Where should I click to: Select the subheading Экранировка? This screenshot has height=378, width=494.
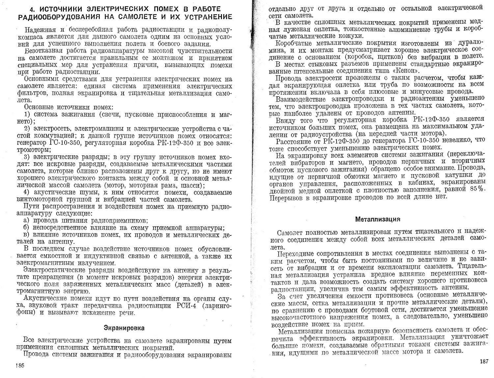(x=124, y=328)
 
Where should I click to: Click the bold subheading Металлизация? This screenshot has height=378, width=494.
(x=378, y=219)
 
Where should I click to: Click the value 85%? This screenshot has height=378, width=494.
(x=476, y=189)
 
